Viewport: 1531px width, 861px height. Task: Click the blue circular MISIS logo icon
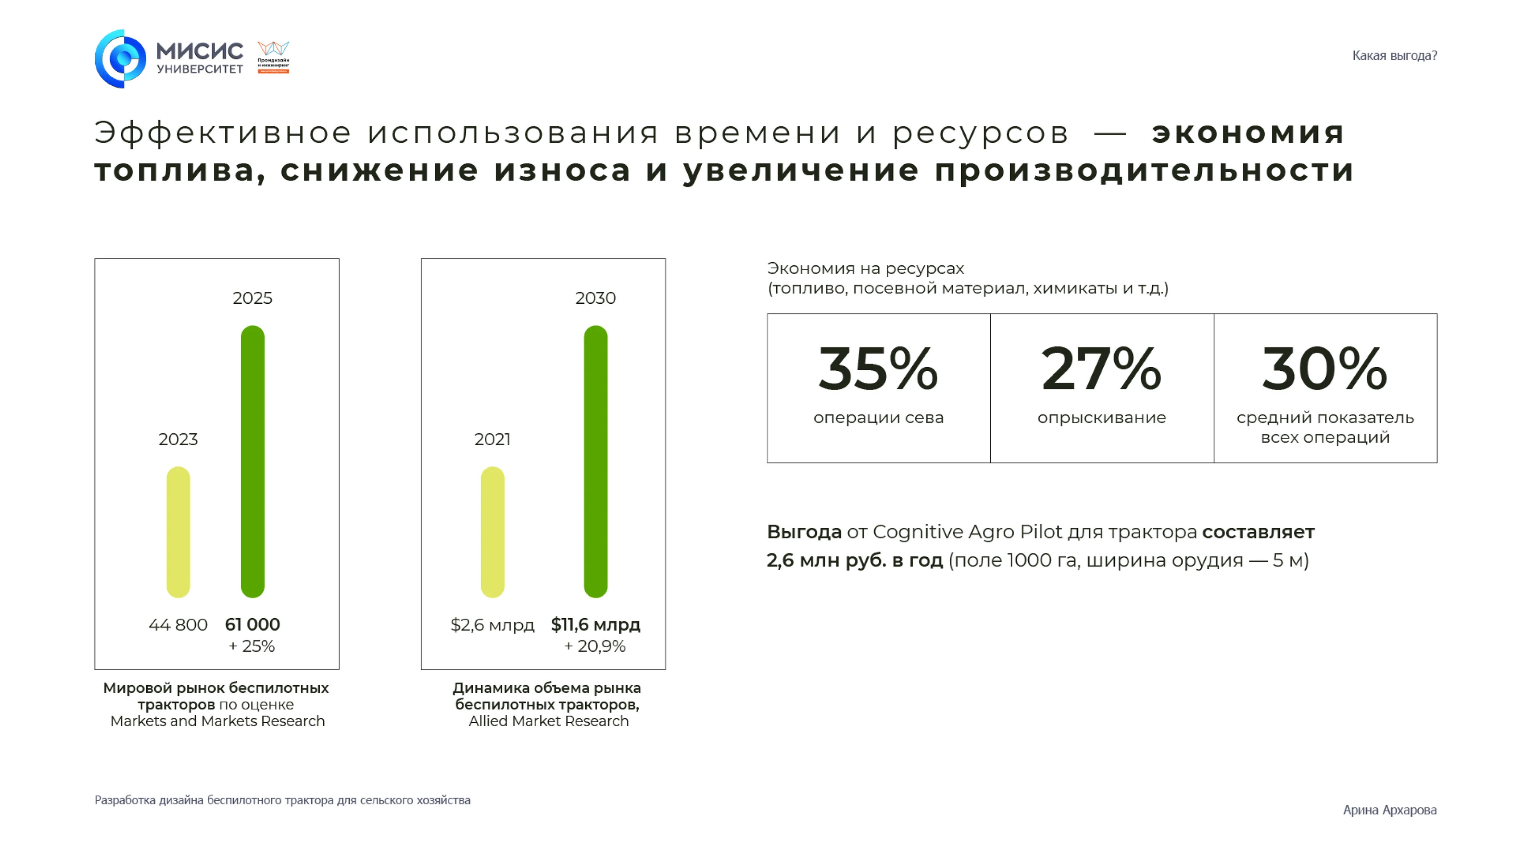pyautogui.click(x=121, y=59)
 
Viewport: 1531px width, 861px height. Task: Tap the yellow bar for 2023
pyautogui.click(x=178, y=532)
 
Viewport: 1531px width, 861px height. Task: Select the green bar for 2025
pyautogui.click(x=253, y=461)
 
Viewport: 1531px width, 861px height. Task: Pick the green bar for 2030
pyautogui.click(x=596, y=461)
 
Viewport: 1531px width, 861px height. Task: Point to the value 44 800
pyautogui.click(x=178, y=625)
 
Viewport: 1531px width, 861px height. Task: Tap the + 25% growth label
pyautogui.click(x=252, y=646)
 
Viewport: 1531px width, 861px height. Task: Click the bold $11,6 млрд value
pyautogui.click(x=596, y=625)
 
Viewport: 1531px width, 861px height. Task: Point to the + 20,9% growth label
pyautogui.click(x=595, y=646)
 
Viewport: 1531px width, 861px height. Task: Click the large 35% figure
pyautogui.click(x=878, y=369)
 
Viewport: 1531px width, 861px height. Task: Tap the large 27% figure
pyautogui.click(x=1101, y=369)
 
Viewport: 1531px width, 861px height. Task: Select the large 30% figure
pyautogui.click(x=1325, y=369)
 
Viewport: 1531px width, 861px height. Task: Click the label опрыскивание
pyautogui.click(x=1101, y=418)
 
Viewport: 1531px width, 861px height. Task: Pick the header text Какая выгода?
pyautogui.click(x=1394, y=56)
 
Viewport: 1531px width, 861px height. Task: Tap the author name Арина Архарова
pyautogui.click(x=1389, y=810)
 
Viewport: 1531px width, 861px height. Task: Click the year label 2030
pyautogui.click(x=596, y=298)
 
